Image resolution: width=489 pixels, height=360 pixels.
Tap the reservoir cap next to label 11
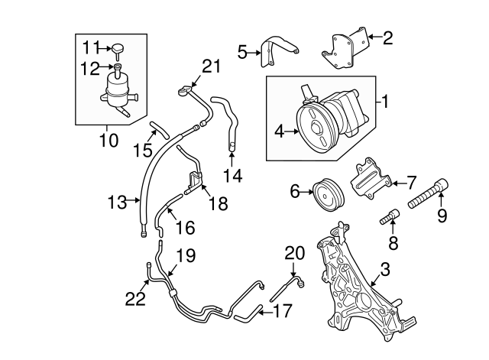click(x=118, y=50)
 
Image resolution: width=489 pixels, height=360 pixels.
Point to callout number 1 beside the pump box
click(x=387, y=100)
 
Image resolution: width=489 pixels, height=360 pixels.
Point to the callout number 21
click(x=211, y=66)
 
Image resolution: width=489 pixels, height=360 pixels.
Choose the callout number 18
click(x=218, y=204)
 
